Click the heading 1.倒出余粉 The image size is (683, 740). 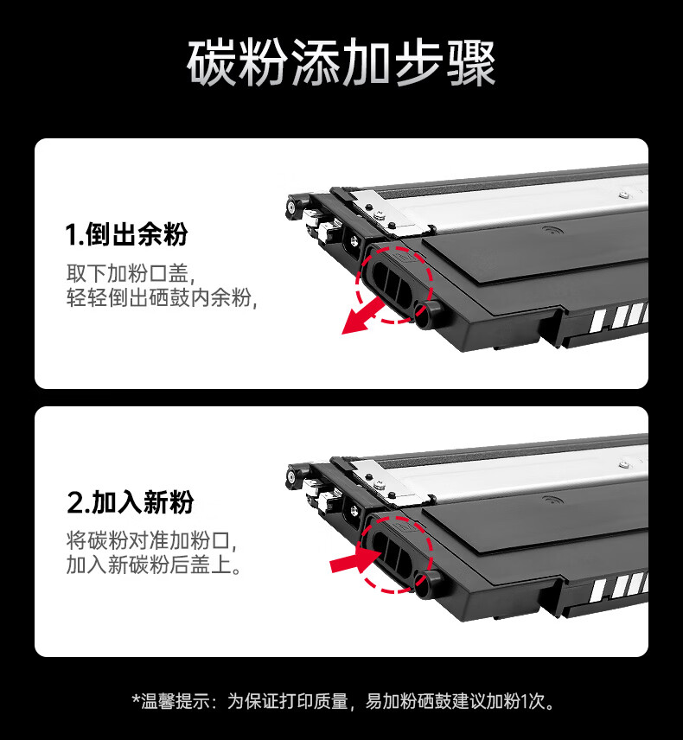126,233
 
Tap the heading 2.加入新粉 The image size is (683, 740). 131,502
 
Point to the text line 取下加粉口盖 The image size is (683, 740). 131,273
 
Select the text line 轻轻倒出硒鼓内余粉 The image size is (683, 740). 163,298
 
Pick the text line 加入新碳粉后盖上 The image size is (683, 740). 154,566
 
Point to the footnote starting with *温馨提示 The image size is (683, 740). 341,701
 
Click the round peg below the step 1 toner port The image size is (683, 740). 427,316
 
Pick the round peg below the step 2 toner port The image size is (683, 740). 427,584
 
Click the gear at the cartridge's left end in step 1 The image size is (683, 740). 297,207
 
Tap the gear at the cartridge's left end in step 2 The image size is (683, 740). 297,475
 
